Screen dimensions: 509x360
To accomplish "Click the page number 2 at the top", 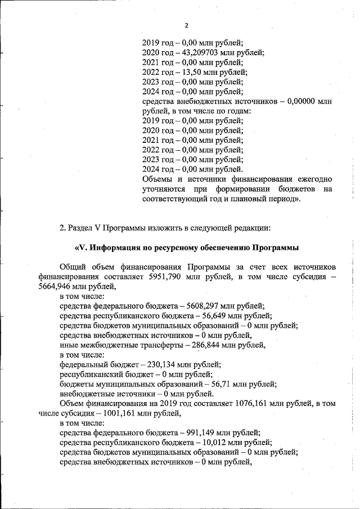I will click(x=186, y=25).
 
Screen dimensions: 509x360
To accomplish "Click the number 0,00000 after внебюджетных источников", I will click(x=302, y=101).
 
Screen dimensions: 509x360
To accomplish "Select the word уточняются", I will click(x=164, y=189).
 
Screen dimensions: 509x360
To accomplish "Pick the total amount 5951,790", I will click(x=166, y=277).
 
